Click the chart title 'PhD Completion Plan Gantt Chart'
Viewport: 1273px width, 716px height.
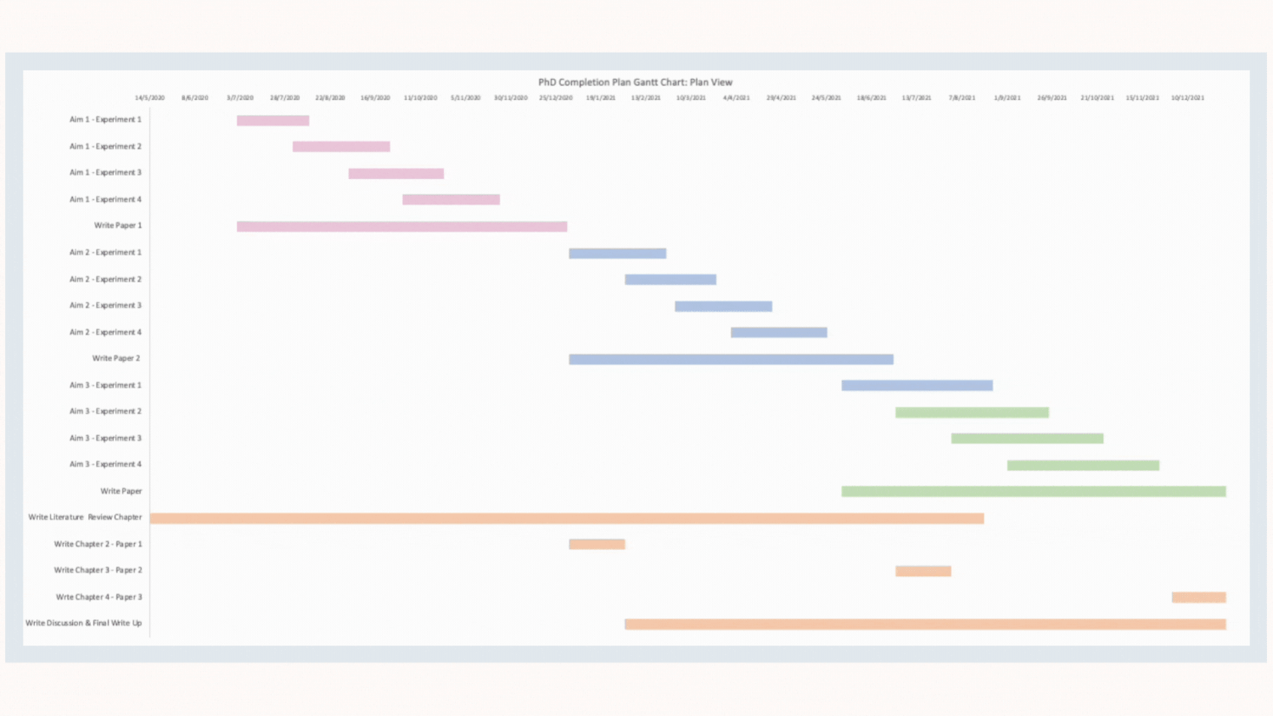point(635,82)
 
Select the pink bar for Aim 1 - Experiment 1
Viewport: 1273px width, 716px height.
point(272,120)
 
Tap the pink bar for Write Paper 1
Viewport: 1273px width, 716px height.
point(401,227)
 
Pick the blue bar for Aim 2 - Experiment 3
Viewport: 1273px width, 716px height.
point(723,306)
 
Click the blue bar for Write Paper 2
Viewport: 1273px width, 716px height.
point(731,360)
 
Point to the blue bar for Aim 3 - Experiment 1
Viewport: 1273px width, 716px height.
point(917,386)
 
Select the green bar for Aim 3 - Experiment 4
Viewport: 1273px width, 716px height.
point(1083,466)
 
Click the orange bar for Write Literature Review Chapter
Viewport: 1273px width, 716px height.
point(566,518)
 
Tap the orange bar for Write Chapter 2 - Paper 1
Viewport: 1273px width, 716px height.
point(597,545)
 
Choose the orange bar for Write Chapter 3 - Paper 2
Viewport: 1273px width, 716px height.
point(923,572)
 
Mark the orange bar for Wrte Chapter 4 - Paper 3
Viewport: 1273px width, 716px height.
point(1198,598)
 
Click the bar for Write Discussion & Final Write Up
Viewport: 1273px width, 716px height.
point(925,624)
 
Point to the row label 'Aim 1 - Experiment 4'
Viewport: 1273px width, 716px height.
point(105,199)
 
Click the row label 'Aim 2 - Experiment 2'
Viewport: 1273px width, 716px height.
point(105,279)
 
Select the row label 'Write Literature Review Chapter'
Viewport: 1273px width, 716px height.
point(85,517)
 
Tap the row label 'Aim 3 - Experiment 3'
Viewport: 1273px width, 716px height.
point(105,439)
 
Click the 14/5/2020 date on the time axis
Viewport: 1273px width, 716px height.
point(149,98)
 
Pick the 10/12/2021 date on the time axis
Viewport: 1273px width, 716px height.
point(1187,98)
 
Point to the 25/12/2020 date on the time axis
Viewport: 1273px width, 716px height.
point(555,98)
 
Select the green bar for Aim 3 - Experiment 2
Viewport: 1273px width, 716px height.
point(972,413)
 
